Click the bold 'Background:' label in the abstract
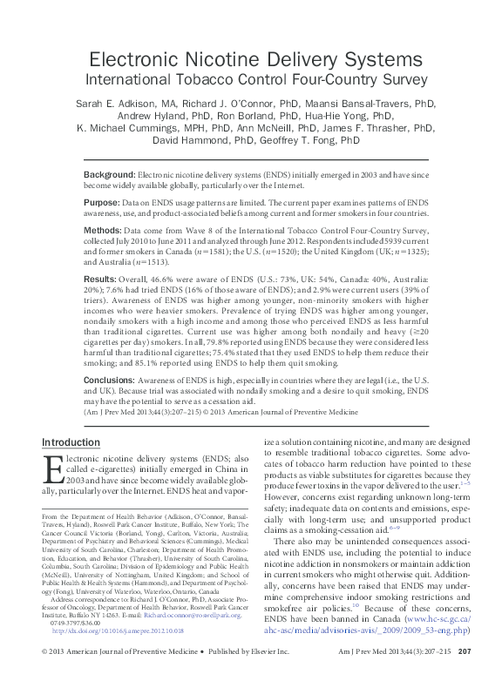coord(133,175)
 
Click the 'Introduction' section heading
coord(71,442)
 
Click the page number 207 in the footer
coord(465,652)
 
